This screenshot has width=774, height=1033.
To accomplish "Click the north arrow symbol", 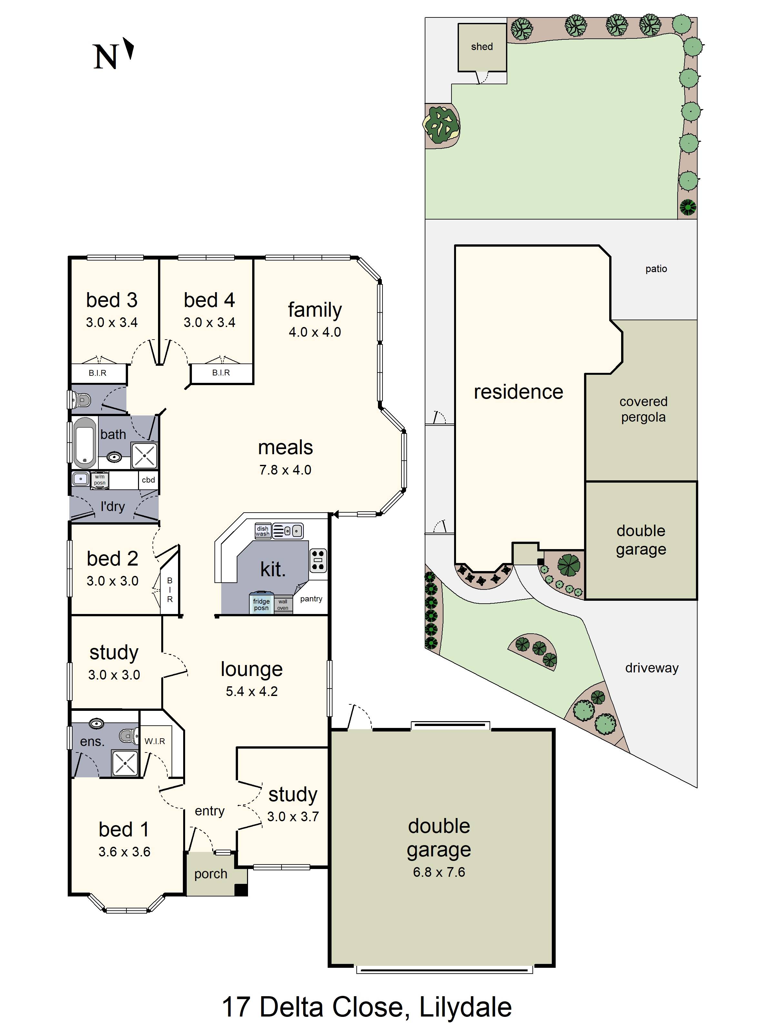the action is coord(128,48).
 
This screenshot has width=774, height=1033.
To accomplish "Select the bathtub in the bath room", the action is coord(85,442).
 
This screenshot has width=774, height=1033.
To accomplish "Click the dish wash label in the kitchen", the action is coord(262,531).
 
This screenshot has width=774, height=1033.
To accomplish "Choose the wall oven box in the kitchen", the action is coord(283,605).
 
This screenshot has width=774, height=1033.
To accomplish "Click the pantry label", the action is coord(311,599).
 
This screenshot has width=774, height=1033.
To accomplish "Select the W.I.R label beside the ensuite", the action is coord(155,741).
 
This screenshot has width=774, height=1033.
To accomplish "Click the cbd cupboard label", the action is coord(148,480).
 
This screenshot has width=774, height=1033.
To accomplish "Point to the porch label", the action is coord(211,874).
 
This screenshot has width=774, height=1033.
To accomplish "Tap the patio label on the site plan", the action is coord(656,269).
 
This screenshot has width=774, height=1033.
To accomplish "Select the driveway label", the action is coord(652,668).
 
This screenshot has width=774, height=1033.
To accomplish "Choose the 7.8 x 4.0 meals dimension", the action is coord(285,470).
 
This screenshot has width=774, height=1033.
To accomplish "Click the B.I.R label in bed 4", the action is coord(221,373).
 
